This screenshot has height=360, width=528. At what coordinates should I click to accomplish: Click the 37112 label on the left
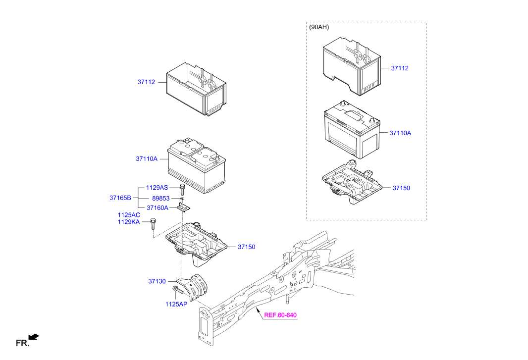146,82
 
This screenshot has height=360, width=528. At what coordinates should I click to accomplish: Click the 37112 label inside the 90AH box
400,68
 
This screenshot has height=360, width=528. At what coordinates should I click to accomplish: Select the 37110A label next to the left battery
147,159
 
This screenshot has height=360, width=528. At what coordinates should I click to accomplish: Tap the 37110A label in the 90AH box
400,133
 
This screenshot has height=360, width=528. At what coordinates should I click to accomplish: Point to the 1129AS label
157,188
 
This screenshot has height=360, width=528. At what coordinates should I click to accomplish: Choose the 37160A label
157,208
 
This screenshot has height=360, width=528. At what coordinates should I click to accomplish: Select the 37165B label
120,198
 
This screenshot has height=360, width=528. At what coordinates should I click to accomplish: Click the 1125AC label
129,215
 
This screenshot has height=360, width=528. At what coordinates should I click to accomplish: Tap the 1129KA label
129,222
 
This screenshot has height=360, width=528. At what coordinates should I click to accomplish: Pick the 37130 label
157,281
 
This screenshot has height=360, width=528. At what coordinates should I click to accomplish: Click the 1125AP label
176,305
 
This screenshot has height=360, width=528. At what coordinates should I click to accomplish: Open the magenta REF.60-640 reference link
280,315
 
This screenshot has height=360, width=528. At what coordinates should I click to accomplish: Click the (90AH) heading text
319,28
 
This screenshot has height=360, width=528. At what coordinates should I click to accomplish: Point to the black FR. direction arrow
34,338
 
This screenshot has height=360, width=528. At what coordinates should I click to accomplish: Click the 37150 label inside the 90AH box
401,188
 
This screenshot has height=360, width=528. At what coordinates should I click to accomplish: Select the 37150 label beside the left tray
246,247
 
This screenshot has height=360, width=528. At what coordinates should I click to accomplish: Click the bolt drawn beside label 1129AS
182,188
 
